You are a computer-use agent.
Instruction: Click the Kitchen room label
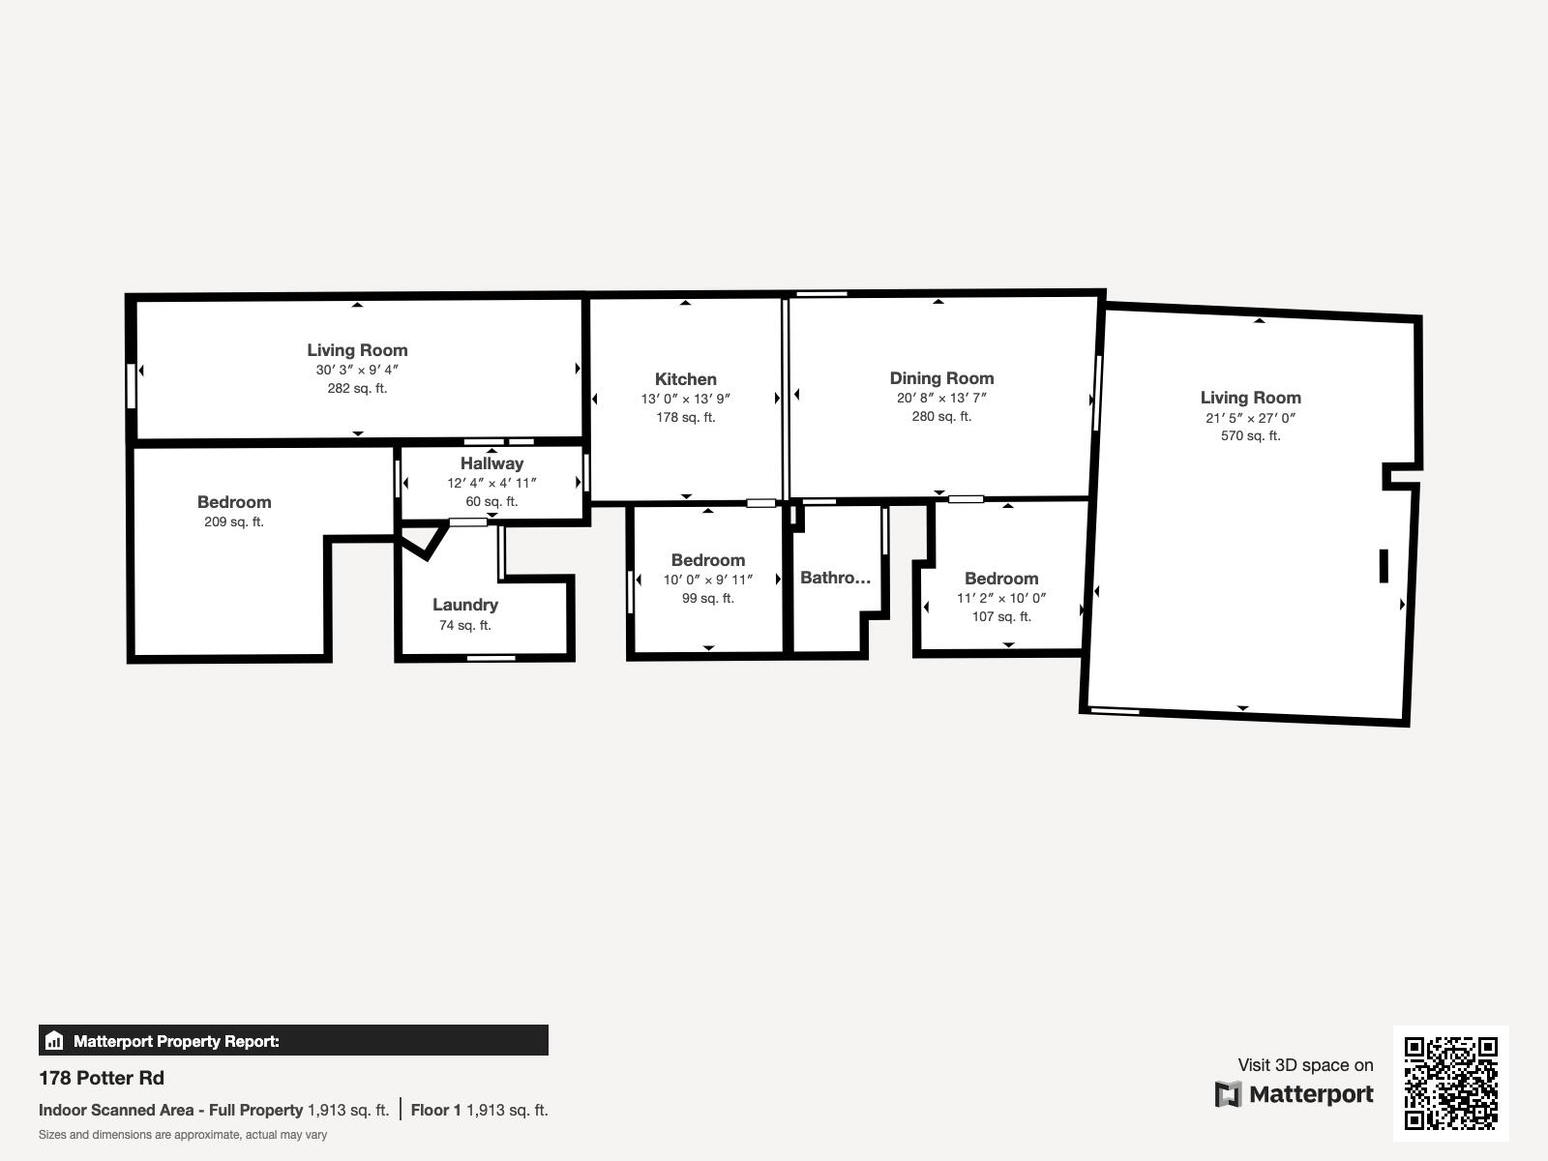click(x=685, y=379)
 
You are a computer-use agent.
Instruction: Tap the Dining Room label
click(x=941, y=378)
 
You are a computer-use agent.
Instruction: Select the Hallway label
click(x=491, y=463)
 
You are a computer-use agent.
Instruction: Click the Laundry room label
click(x=465, y=605)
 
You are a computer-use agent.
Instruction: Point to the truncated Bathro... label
click(x=835, y=578)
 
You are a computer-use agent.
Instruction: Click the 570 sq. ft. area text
click(x=1250, y=436)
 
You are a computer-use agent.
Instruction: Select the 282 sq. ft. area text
click(x=357, y=389)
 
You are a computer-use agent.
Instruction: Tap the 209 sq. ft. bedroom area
click(x=233, y=522)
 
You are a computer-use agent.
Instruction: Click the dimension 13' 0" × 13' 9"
click(x=685, y=399)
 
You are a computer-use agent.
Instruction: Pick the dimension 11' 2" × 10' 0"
click(x=1001, y=598)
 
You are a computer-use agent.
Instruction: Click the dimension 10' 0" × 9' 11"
click(x=707, y=580)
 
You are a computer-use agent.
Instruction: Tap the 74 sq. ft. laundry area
click(x=465, y=626)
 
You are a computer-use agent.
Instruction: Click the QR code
click(x=1450, y=1083)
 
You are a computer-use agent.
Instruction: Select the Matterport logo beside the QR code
click(x=1294, y=1094)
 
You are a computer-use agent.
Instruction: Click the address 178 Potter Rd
click(x=102, y=1078)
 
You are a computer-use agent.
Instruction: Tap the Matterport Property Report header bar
click(x=293, y=1041)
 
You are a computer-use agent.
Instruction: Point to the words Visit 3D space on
click(x=1305, y=1065)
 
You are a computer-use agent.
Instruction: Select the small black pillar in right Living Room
click(x=1384, y=566)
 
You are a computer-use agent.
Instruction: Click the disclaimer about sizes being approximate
click(x=183, y=1135)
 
